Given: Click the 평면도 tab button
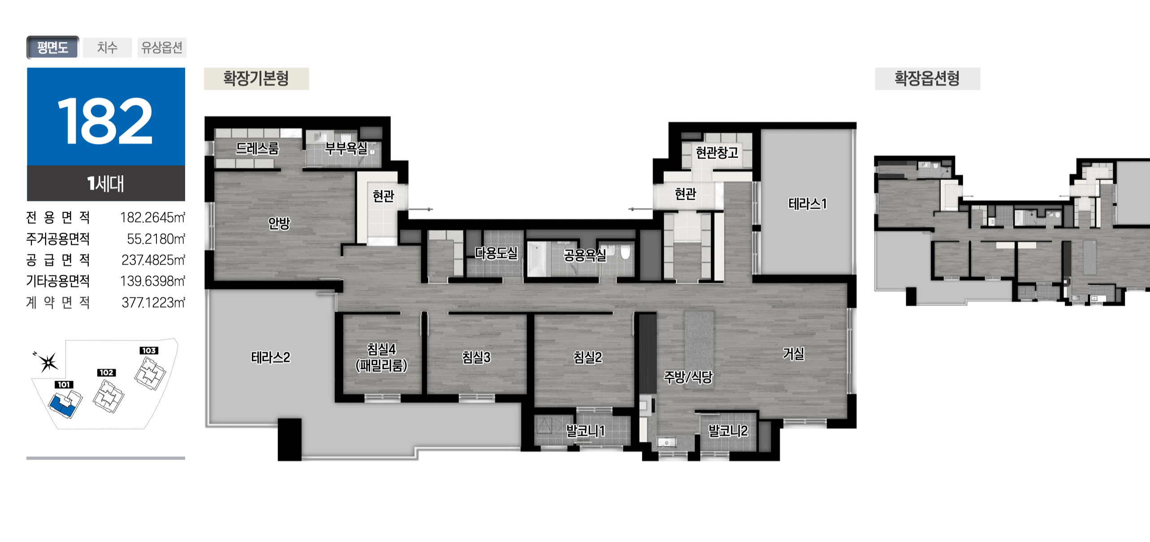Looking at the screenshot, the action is (x=52, y=47).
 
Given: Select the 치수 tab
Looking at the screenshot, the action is (x=108, y=47).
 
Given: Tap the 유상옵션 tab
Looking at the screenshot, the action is (x=162, y=47).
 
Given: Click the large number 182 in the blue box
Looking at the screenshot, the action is (x=105, y=121).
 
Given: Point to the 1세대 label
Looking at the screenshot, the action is (x=106, y=184).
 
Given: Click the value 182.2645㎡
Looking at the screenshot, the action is (x=152, y=217).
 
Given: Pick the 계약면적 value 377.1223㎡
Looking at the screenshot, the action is (x=153, y=303).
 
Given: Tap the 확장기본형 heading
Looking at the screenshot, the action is (x=256, y=79).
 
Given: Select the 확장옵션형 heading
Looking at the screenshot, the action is (x=927, y=79).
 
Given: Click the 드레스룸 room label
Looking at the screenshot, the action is (x=257, y=148).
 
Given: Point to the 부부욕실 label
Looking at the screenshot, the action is (x=346, y=148).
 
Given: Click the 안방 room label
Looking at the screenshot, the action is (x=279, y=223).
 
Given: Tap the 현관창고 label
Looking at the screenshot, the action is (x=717, y=153).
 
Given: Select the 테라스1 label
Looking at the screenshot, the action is (x=807, y=204).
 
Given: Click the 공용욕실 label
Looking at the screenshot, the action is (x=585, y=255).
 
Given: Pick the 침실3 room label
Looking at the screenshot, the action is (x=476, y=357).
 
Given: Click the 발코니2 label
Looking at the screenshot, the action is (x=728, y=431).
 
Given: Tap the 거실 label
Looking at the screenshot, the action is (x=793, y=354).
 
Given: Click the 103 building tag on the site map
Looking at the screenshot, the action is (x=149, y=350).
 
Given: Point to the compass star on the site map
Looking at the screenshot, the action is (x=48, y=362).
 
